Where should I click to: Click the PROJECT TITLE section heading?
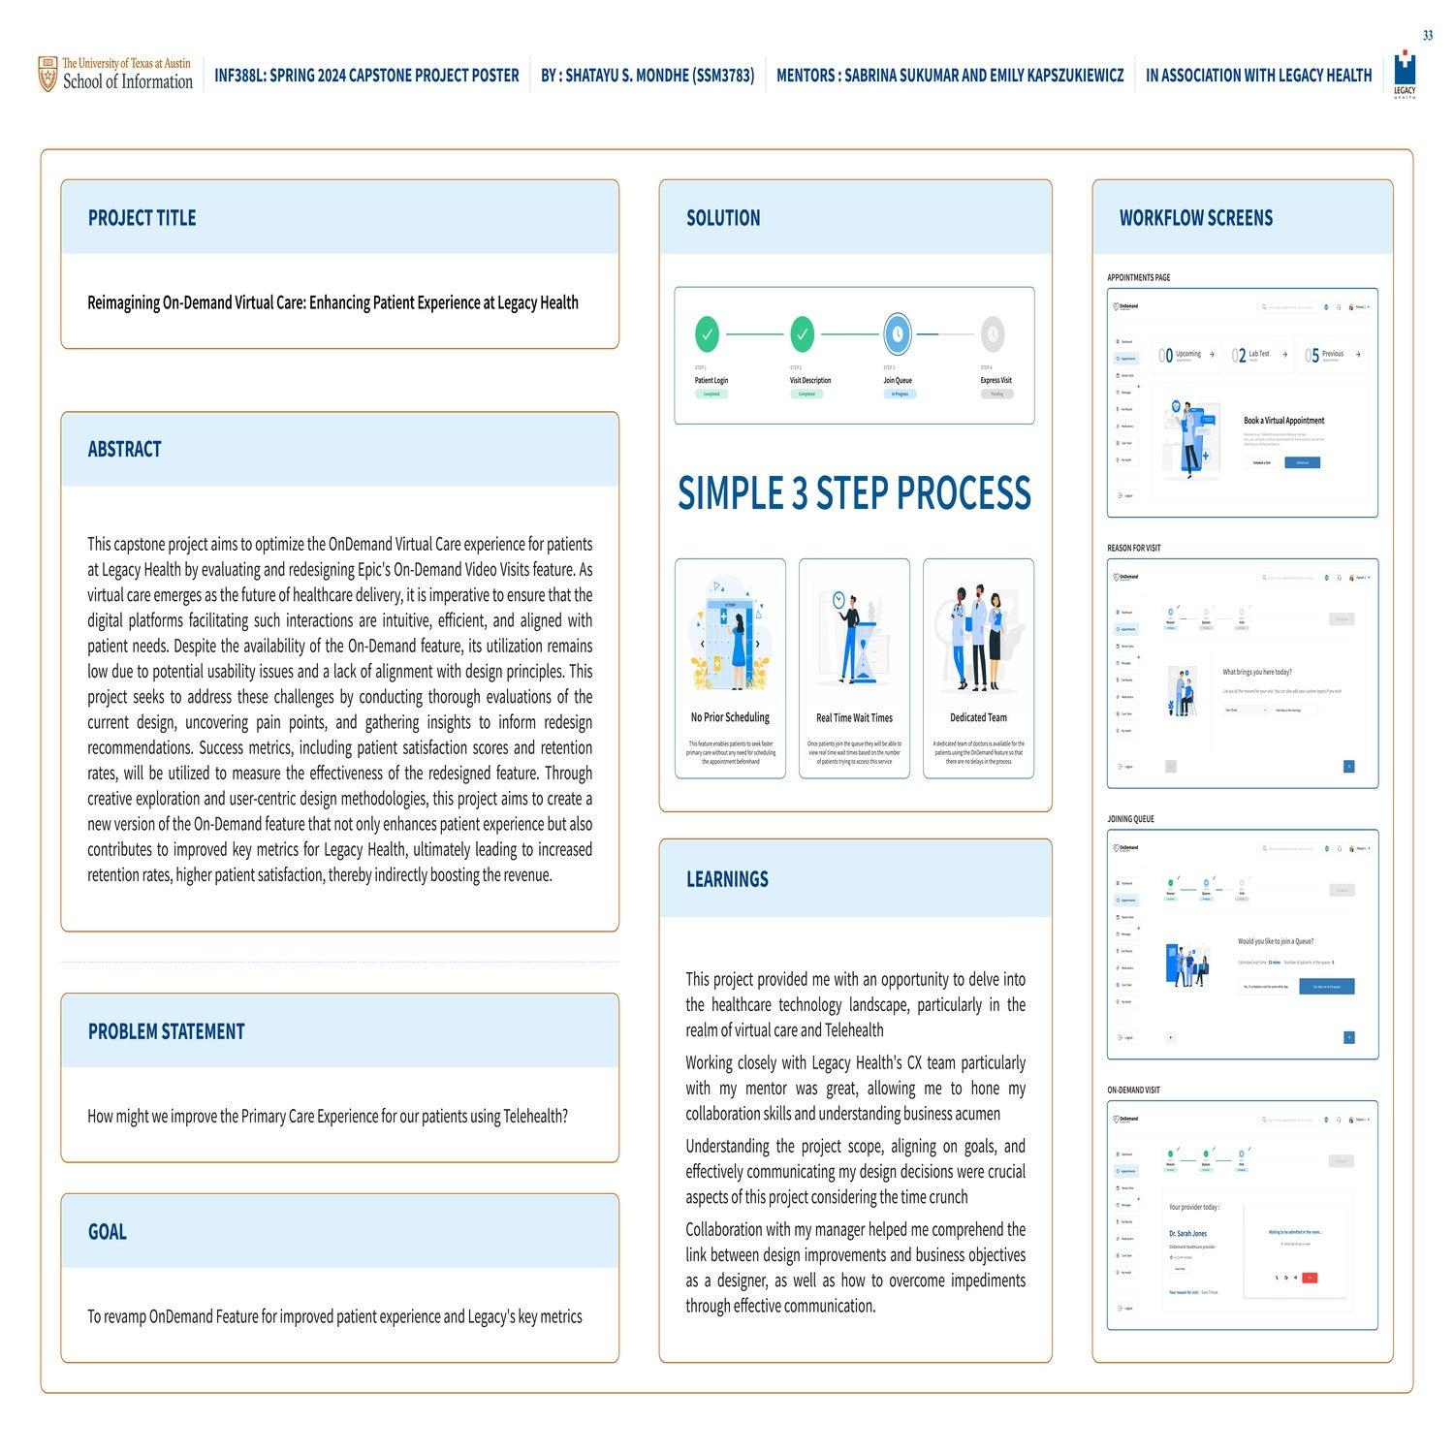point(142,218)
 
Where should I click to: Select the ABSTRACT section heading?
point(124,450)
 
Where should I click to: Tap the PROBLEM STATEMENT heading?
point(166,1031)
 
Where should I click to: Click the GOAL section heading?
point(107,1232)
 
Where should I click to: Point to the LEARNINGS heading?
point(727,879)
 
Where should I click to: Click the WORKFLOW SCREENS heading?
point(1195,218)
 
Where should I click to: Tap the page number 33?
point(1428,36)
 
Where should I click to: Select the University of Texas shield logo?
point(47,75)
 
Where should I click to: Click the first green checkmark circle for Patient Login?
point(708,334)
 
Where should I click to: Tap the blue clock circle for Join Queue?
point(898,334)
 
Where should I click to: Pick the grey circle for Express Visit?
point(992,334)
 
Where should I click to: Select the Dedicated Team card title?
point(978,718)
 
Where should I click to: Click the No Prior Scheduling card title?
point(730,718)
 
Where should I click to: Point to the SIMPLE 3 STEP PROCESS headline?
point(854,493)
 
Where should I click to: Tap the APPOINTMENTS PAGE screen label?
point(1138,278)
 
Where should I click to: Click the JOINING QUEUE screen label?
point(1130,819)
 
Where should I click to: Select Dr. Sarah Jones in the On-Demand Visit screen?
point(1187,1234)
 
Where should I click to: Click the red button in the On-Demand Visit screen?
point(1310,1278)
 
